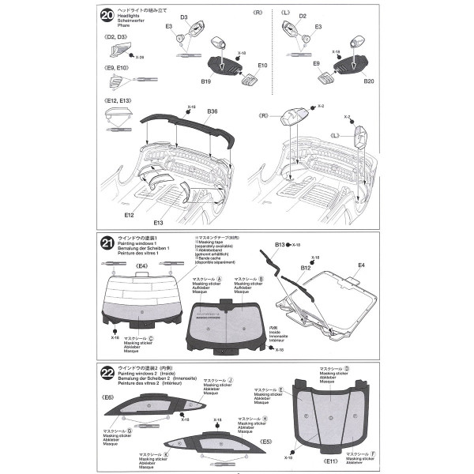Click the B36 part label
pos(212,112)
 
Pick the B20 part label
pos(367,81)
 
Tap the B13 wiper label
pos(280,245)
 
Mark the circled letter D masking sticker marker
pos(346,368)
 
